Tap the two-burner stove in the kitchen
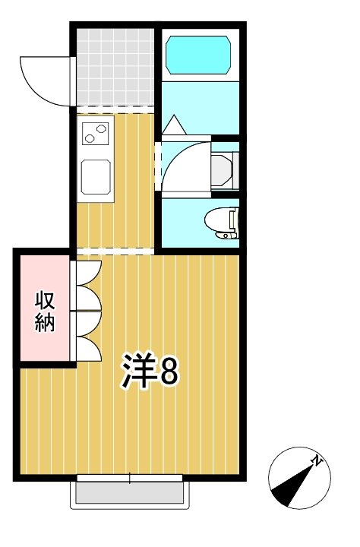(x=96, y=134)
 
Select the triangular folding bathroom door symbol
(x=173, y=124)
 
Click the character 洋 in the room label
(x=138, y=372)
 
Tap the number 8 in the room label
(x=168, y=372)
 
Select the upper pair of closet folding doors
(x=87, y=284)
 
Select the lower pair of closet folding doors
(x=87, y=334)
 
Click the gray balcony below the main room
(x=129, y=493)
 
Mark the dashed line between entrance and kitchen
(x=115, y=106)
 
